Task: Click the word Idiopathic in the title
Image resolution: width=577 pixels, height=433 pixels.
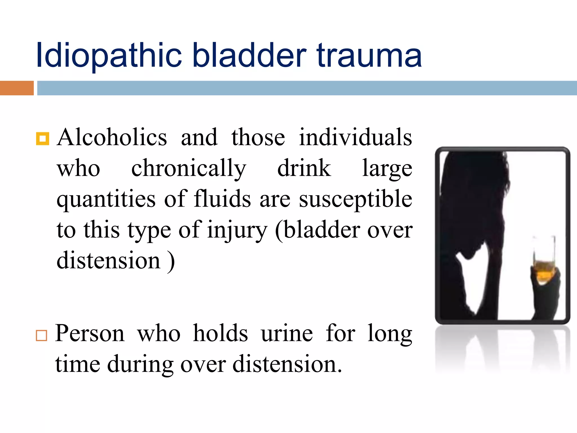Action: coord(109,56)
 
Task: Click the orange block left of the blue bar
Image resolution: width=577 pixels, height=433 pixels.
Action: coord(17,88)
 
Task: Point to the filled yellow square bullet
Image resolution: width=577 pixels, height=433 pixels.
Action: coord(43,139)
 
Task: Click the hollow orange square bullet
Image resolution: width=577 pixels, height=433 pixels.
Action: coord(41,335)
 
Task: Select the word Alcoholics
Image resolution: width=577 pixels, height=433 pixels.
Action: coord(112,137)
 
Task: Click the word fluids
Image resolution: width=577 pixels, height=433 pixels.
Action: coord(222,199)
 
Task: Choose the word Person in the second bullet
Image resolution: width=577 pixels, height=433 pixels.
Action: coord(90,333)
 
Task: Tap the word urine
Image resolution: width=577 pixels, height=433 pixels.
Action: coord(287,333)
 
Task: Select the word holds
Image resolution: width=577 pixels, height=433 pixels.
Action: coord(220,333)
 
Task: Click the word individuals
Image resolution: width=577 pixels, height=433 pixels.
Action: coord(356,137)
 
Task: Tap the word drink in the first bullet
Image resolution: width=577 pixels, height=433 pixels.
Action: coord(304,168)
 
